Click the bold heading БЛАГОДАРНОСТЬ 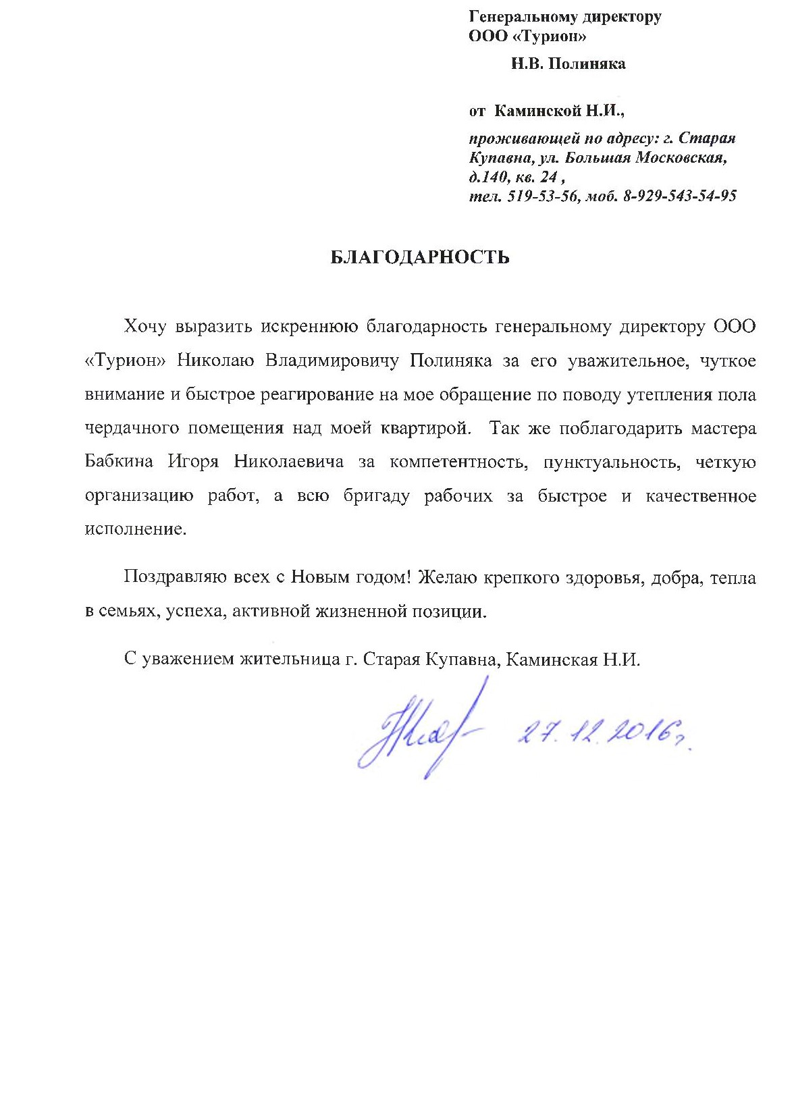pyautogui.click(x=419, y=257)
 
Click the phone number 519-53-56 pyautogui.click(x=542, y=196)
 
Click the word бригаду pyautogui.click(x=376, y=496)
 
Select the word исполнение pyautogui.click(x=134, y=529)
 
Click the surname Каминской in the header pyautogui.click(x=537, y=110)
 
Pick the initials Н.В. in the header pyautogui.click(x=526, y=64)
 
